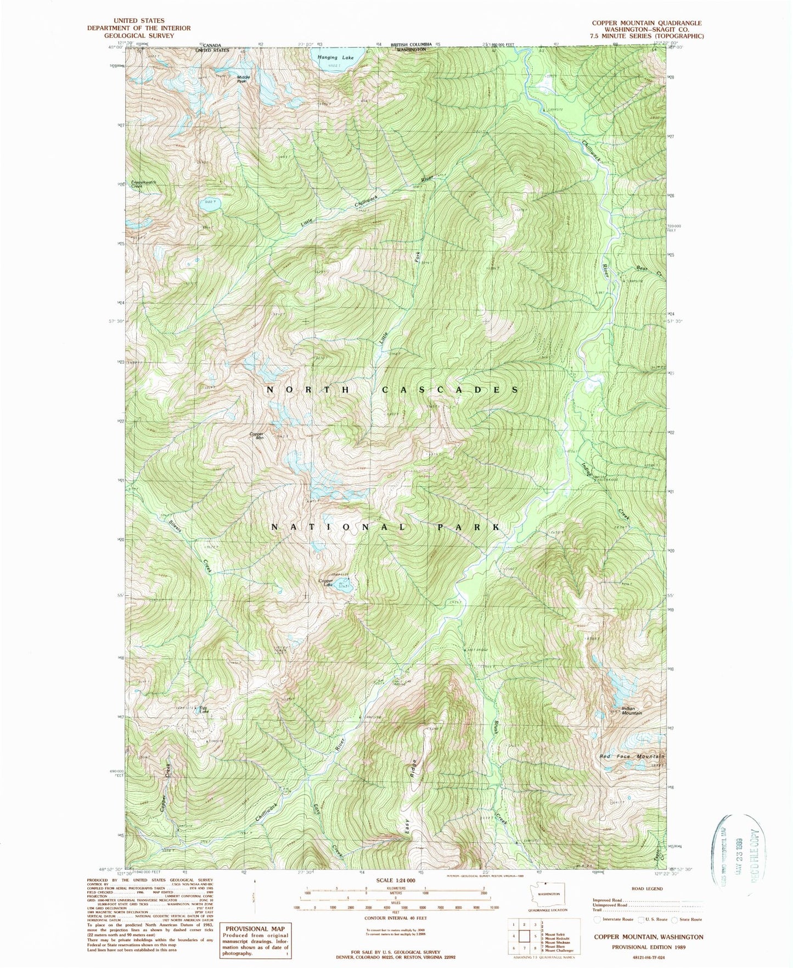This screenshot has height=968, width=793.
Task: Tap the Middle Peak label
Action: pos(243,79)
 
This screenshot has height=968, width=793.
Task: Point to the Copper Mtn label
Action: pos(257,436)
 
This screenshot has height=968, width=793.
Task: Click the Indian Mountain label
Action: pos(631,711)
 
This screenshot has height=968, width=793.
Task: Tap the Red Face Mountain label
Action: pos(631,756)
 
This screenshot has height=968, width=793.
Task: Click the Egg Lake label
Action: pos(204,709)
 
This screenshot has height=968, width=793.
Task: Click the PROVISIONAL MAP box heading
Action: pos(255,928)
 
